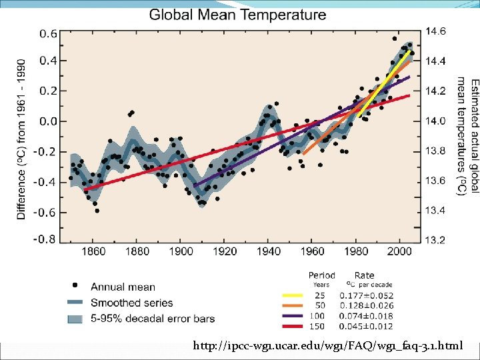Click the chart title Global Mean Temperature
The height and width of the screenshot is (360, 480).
237,14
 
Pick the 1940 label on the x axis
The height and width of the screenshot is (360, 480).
269,251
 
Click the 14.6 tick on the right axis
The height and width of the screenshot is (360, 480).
436,31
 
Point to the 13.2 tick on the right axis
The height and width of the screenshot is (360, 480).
436,239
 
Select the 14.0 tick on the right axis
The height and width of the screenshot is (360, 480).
436,121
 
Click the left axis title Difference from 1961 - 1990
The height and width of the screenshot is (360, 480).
21,137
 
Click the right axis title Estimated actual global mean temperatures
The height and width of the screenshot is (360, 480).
467,137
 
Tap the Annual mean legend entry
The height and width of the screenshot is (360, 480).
123,287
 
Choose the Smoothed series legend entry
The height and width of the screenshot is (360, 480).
131,303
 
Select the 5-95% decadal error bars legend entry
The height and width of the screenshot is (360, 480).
153,319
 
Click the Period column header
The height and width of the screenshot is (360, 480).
321,275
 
